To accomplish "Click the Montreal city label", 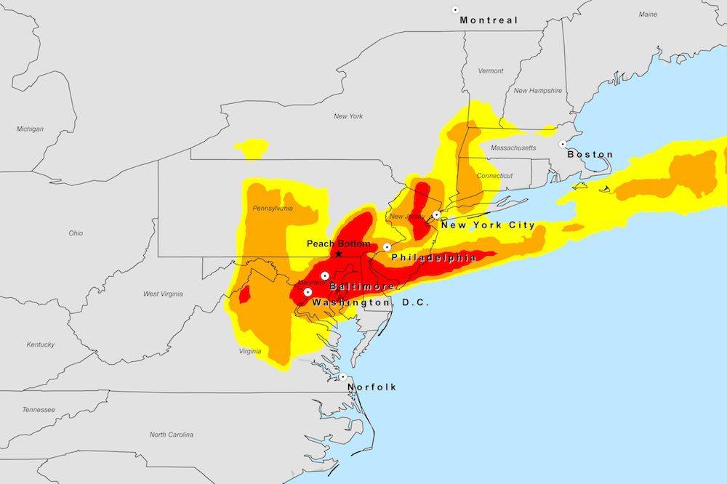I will (x=489, y=20).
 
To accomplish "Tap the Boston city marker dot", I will (x=563, y=144).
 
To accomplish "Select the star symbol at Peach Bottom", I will (x=338, y=254).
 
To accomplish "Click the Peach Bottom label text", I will (x=338, y=243).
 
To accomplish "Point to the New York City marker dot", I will (x=436, y=214).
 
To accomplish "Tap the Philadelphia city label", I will (x=433, y=257).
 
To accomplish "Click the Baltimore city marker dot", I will (x=325, y=275).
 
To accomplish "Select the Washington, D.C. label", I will (x=370, y=302).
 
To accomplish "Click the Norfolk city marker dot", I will (x=342, y=376).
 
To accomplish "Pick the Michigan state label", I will (x=30, y=129).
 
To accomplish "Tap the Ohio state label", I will (x=76, y=233).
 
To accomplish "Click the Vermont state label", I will (x=491, y=71).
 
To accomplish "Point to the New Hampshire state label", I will (x=537, y=91).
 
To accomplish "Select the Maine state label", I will (x=648, y=14).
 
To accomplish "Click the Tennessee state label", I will (x=38, y=409).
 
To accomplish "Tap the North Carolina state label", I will (x=172, y=435).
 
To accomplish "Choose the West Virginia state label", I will (x=163, y=294).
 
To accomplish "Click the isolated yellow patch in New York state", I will (x=252, y=148).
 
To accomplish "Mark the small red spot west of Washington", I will (x=244, y=294).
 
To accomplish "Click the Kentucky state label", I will (x=40, y=344).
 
